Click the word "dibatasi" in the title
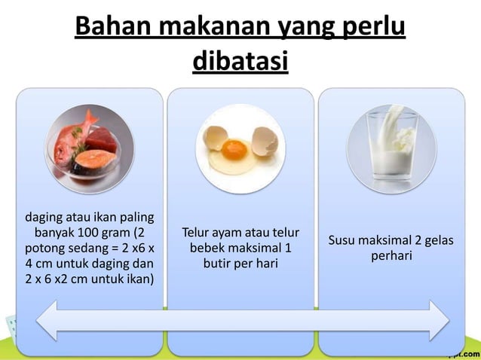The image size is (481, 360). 240,63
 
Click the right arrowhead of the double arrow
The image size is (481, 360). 436,319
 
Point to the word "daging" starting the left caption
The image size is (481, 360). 44,218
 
